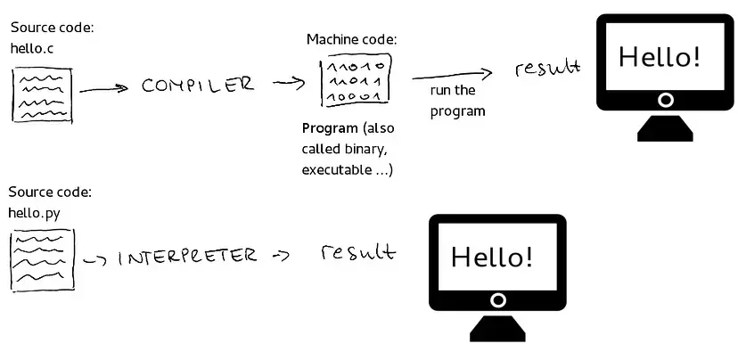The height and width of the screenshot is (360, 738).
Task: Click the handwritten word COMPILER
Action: coord(198,86)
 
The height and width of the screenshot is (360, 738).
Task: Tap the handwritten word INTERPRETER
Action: coord(187,257)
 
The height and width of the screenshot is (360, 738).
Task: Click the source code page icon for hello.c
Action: coord(42,96)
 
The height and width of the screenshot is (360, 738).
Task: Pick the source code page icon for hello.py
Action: coord(42,259)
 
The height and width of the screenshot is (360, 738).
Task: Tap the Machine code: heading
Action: coord(352,39)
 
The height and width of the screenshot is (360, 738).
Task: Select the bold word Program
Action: coord(329,127)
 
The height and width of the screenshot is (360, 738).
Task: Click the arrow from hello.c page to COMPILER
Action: coord(105,88)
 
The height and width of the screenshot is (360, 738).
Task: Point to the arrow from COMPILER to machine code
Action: coord(289,83)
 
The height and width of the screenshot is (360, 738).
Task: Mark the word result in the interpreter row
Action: coord(357,252)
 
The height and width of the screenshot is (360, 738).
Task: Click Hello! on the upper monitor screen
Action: coord(660,57)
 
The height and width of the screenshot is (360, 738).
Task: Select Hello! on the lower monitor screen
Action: coord(492,257)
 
